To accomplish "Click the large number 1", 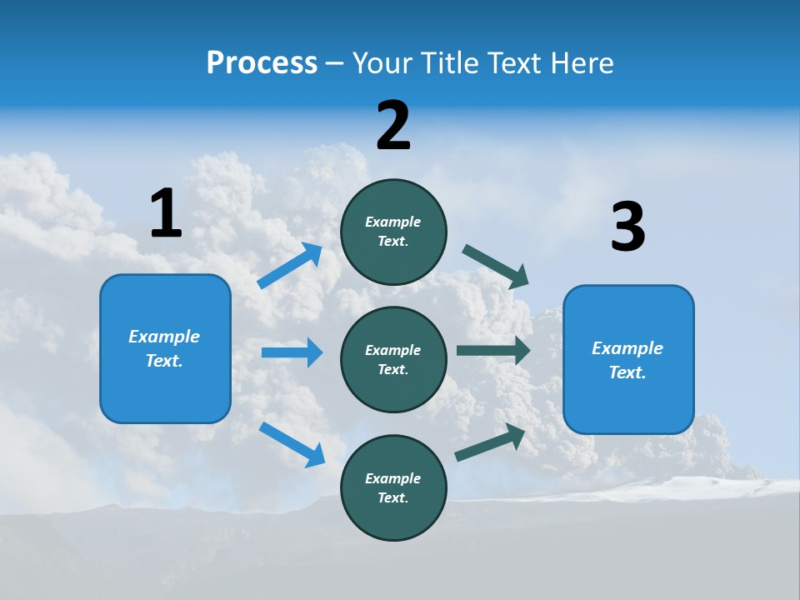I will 166,214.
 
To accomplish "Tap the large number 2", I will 393,126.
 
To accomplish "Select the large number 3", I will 627,227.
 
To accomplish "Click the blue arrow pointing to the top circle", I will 290,266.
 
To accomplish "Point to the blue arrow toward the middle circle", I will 292,352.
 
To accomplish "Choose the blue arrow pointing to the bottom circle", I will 292,444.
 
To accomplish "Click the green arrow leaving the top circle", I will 496,267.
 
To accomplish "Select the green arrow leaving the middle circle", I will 493,351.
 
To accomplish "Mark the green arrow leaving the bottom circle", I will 491,442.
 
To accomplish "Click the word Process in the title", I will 262,62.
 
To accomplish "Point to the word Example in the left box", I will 164,337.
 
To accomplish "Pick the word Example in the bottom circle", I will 393,478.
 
